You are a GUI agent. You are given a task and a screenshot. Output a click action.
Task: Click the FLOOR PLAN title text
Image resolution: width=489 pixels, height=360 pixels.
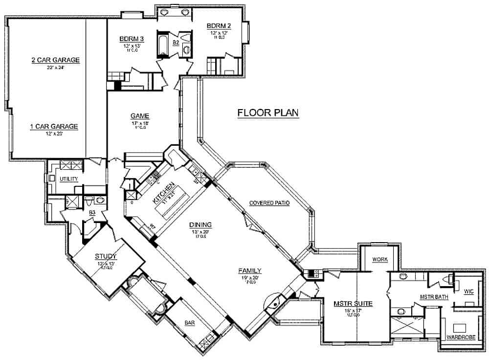[267, 113]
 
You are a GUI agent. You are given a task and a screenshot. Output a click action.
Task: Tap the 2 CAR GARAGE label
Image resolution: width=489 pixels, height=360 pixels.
[55, 60]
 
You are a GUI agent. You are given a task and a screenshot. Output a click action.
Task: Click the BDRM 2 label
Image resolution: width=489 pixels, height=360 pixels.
[218, 25]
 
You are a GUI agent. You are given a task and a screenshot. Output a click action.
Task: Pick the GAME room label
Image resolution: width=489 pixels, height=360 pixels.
[139, 116]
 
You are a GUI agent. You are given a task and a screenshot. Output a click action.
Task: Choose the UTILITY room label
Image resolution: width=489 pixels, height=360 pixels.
[69, 179]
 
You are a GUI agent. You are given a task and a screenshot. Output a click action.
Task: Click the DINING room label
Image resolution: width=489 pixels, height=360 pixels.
[201, 225]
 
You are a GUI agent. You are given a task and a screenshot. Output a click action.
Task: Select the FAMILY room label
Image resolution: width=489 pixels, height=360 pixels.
[249, 270]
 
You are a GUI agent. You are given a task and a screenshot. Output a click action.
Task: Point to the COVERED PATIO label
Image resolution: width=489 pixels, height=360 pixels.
[269, 203]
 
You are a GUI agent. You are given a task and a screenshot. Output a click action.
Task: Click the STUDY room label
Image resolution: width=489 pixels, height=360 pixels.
[106, 255]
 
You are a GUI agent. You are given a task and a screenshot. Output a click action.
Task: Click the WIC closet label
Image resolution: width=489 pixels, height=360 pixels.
[468, 292]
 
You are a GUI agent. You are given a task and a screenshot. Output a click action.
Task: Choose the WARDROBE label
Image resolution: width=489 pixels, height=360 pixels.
[460, 337]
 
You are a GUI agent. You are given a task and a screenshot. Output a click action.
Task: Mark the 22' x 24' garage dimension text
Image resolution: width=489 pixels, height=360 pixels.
[55, 67]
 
